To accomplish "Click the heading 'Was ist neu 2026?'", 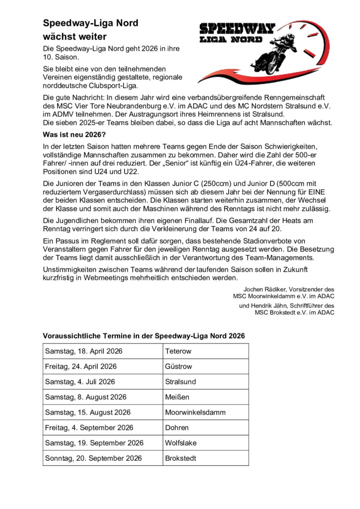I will click(x=75, y=135).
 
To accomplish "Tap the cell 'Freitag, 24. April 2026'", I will click(x=81, y=366).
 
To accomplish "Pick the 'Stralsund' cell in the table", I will click(x=180, y=382).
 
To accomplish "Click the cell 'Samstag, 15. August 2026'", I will click(x=88, y=412).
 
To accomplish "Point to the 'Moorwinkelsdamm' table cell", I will click(x=195, y=412).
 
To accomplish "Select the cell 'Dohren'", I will click(x=177, y=427).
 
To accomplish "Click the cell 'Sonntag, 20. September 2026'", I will click(x=93, y=458).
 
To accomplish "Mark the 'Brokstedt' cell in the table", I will click(x=180, y=458).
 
